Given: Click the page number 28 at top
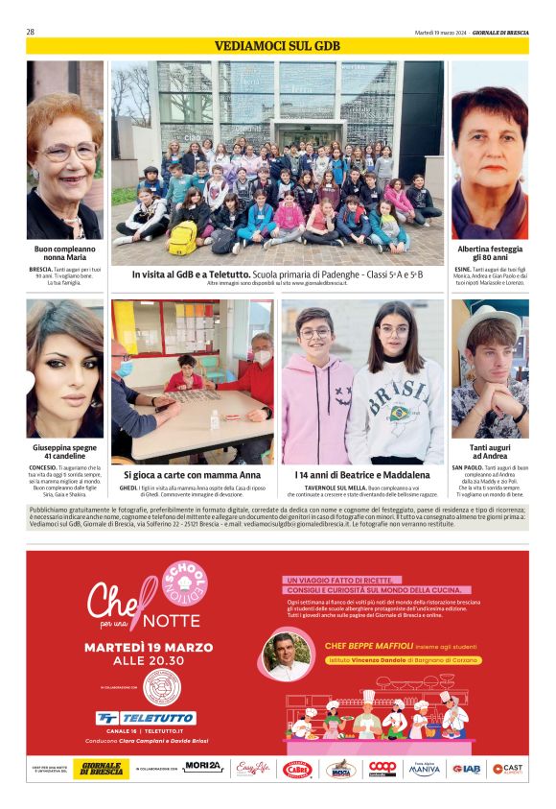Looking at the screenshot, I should click(x=31, y=32).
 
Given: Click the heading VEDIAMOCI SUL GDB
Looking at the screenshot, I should click(x=277, y=46).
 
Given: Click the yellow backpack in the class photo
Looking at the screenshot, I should click(x=182, y=238).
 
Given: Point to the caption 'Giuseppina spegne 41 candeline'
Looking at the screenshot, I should click(x=64, y=452).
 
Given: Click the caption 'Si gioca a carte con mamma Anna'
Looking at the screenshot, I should click(x=192, y=474).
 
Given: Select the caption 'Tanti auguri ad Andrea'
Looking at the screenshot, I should click(x=489, y=452).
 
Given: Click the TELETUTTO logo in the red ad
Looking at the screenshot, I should click(x=146, y=717).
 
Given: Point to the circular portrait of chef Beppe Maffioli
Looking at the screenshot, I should click(x=287, y=656).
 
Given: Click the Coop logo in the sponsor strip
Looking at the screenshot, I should click(x=382, y=769).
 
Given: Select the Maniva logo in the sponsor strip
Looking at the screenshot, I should click(x=425, y=769).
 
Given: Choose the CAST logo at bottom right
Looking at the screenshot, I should click(x=507, y=769).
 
